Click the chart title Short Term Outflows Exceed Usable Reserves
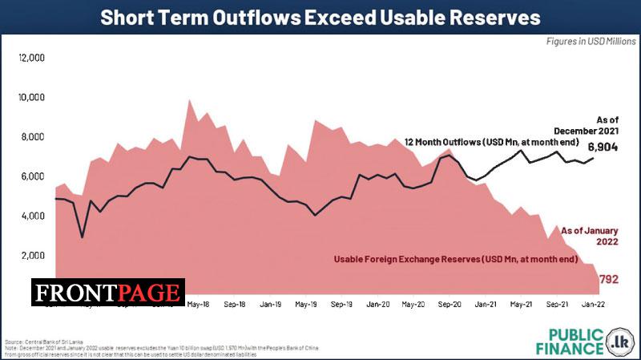pyautogui.click(x=320, y=18)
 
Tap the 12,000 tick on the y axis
pyautogui.click(x=31, y=59)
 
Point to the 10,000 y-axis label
pyautogui.click(x=31, y=98)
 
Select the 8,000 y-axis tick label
pyautogui.click(x=33, y=137)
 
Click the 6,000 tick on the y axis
pyautogui.click(x=33, y=176)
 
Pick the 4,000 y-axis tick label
pyautogui.click(x=33, y=216)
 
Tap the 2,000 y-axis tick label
pyautogui.click(x=33, y=256)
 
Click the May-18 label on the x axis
pyautogui.click(x=199, y=305)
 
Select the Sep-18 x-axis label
pyautogui.click(x=235, y=305)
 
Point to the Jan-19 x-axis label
pyautogui.click(x=271, y=305)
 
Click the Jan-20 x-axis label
pyautogui.click(x=378, y=305)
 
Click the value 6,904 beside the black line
pyautogui.click(x=603, y=148)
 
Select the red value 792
pyautogui.click(x=609, y=279)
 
